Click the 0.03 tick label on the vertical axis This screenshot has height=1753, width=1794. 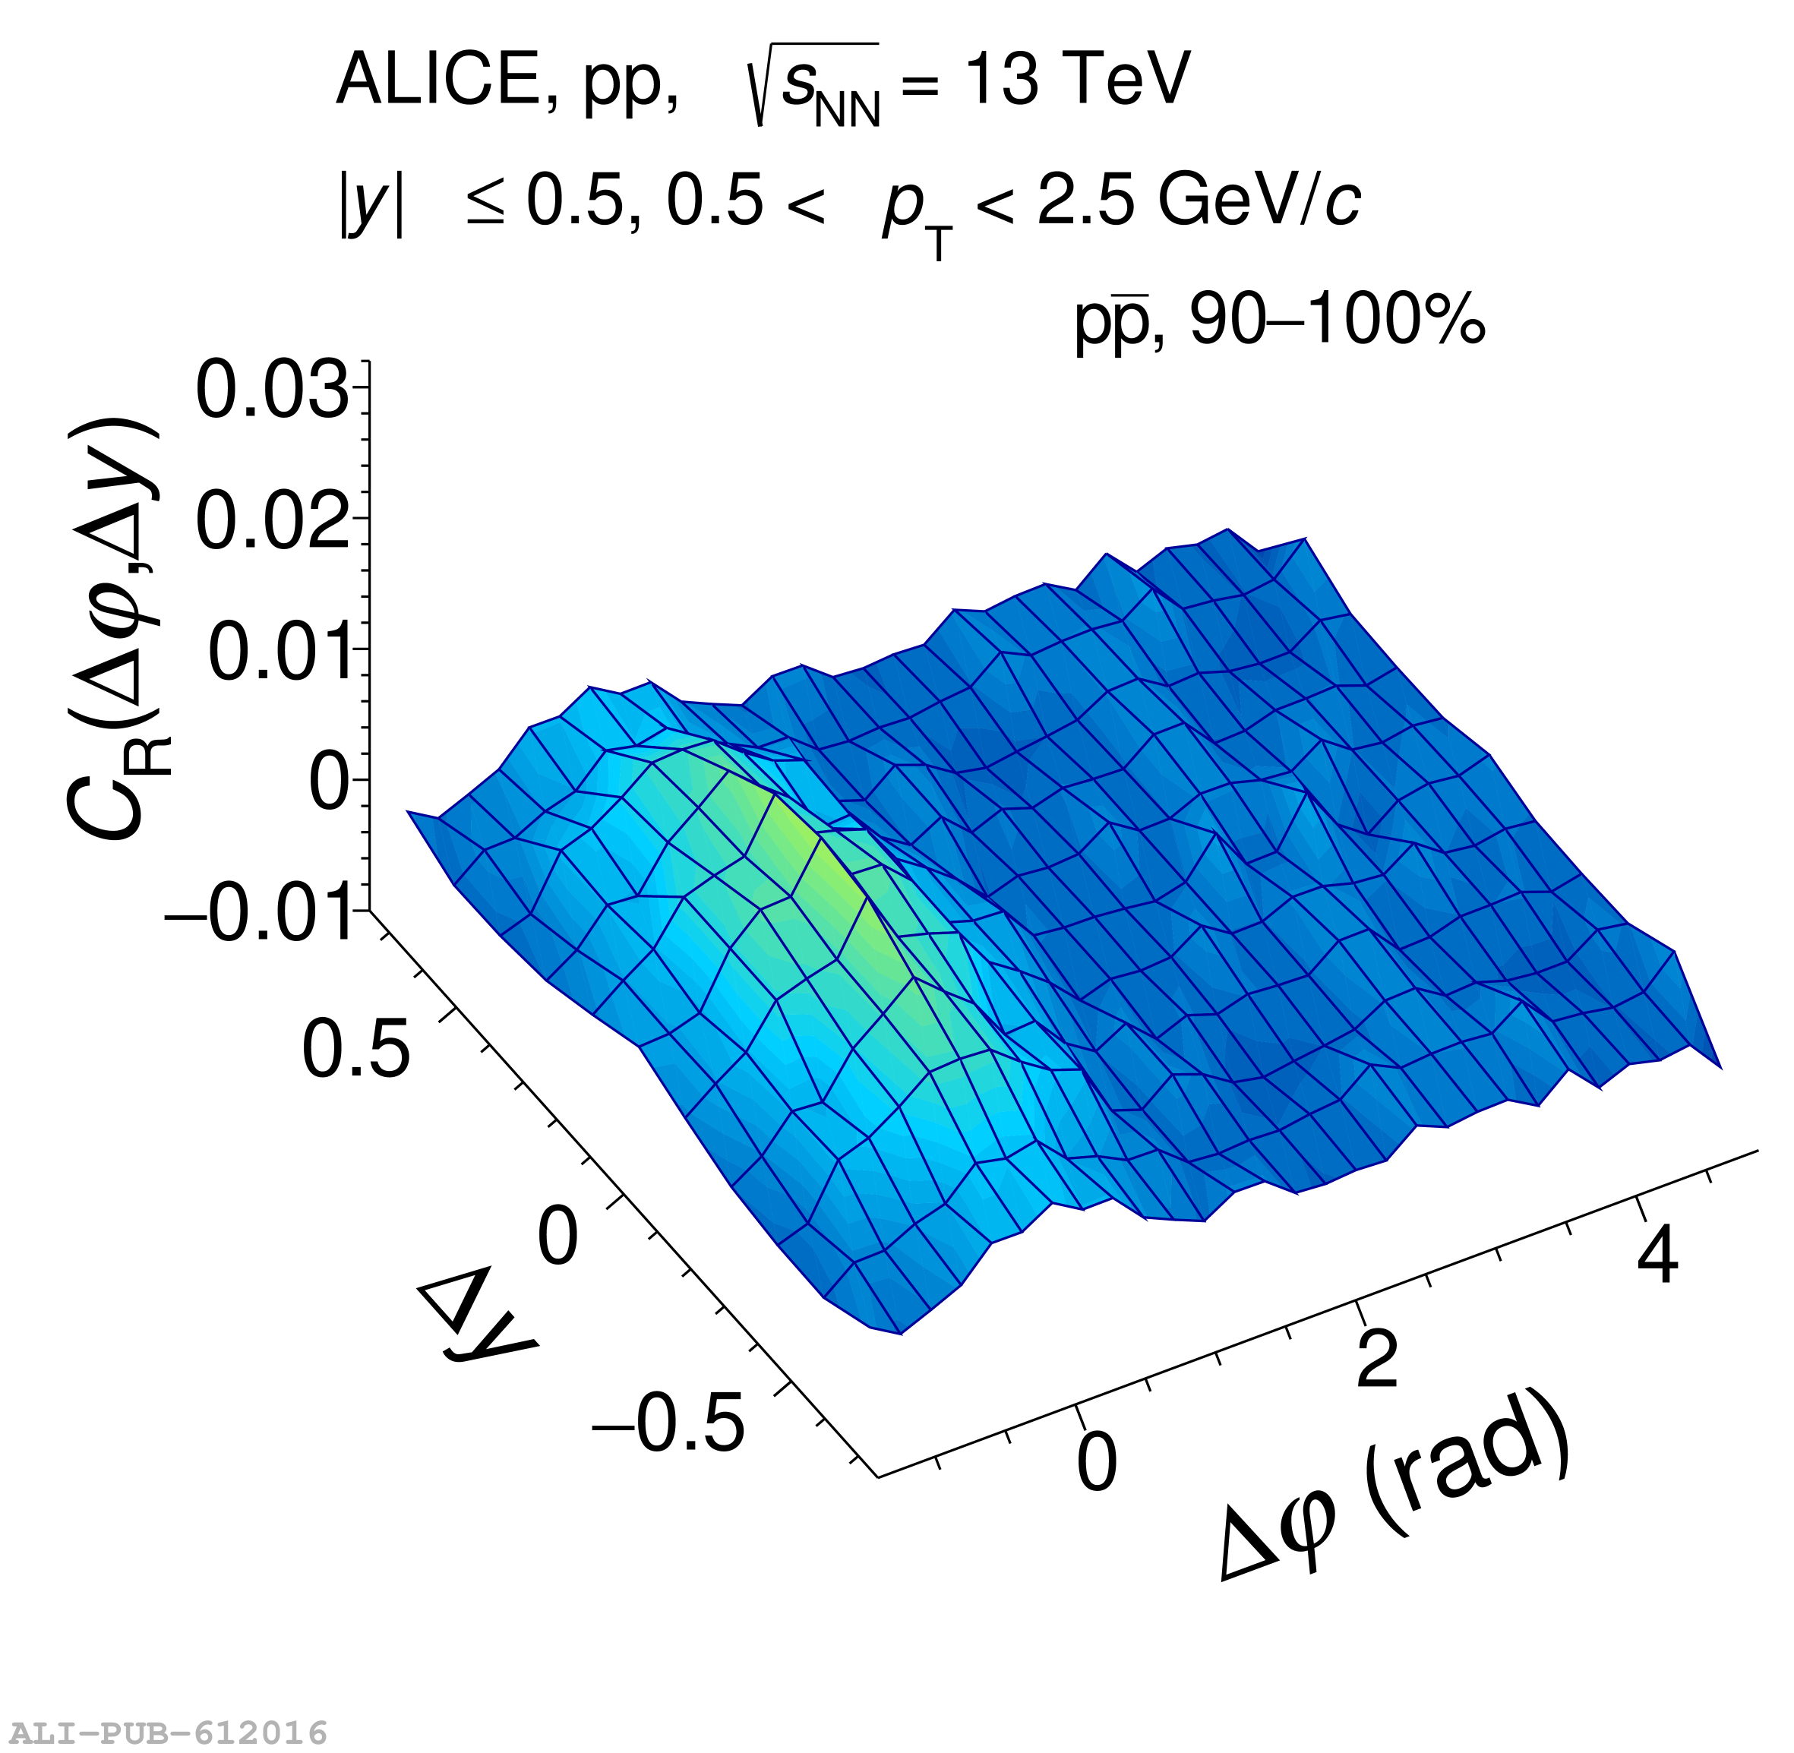pyautogui.click(x=273, y=390)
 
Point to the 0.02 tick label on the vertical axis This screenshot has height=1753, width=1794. pyautogui.click(x=273, y=521)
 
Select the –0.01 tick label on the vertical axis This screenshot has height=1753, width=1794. pyautogui.click(x=261, y=914)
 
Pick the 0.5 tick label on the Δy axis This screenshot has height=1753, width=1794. pyautogui.click(x=355, y=1049)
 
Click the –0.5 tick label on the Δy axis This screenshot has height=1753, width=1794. pyautogui.click(x=668, y=1423)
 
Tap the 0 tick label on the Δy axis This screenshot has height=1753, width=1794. pyautogui.click(x=557, y=1237)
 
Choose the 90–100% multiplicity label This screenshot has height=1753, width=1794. pyautogui.click(x=1337, y=321)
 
